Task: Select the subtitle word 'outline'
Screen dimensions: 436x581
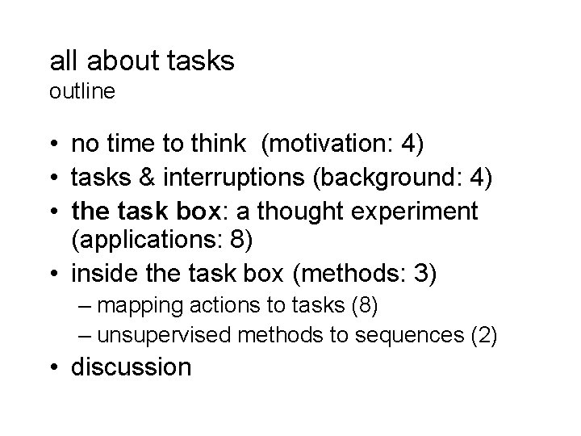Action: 82,92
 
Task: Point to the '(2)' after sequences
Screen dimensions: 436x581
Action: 484,334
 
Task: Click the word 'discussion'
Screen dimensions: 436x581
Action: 132,367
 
